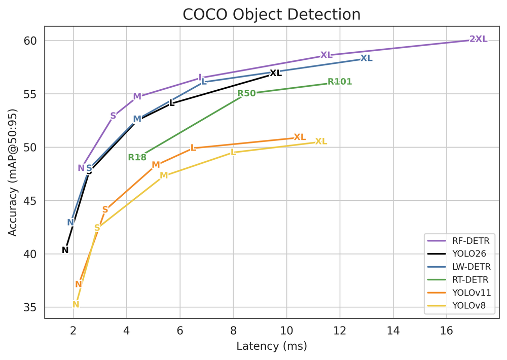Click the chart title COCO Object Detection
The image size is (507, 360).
coord(272,14)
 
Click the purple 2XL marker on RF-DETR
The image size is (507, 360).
coord(478,39)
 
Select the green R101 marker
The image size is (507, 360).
coord(339,82)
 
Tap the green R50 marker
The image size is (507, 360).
coord(246,93)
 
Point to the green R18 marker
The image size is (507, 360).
coord(137,157)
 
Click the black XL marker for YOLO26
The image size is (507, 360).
coord(275,73)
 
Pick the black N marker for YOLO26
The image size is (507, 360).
coord(65,250)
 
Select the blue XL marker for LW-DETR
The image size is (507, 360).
coord(366,58)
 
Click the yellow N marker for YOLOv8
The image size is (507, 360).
coord(76,305)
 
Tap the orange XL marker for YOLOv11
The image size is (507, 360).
coord(300,137)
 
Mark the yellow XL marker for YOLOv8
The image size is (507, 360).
coord(321,141)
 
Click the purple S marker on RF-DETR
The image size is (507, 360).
coord(113,116)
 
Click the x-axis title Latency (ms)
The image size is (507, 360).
coord(272,347)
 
